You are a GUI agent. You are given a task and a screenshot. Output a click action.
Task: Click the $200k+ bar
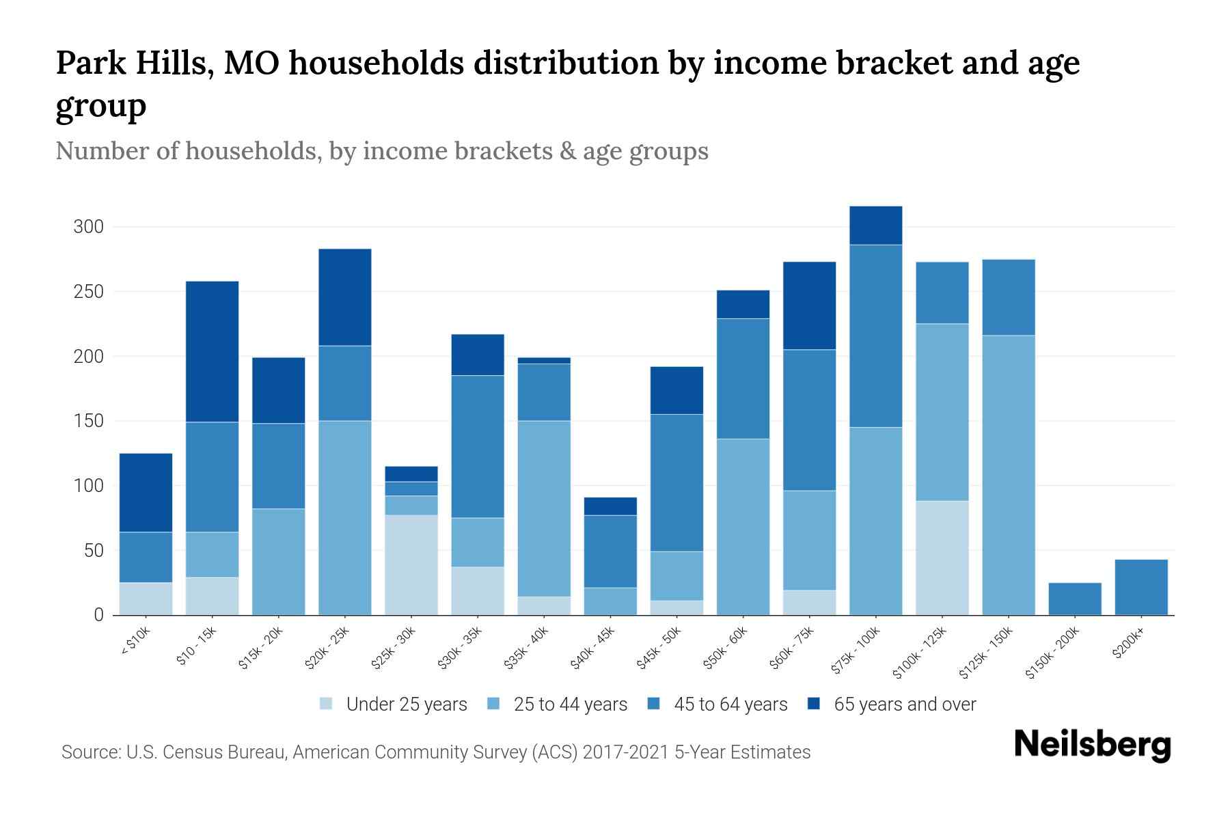click(1140, 587)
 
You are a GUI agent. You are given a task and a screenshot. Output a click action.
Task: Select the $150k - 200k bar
click(1074, 599)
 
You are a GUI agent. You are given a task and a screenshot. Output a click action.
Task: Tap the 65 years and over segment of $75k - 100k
click(875, 225)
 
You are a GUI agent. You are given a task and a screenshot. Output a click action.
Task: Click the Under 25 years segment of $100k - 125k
click(942, 558)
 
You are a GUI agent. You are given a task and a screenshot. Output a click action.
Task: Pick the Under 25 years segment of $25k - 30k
click(411, 564)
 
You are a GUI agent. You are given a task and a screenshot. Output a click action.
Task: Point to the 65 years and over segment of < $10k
click(146, 492)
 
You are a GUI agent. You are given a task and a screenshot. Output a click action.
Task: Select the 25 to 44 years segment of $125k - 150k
click(1008, 475)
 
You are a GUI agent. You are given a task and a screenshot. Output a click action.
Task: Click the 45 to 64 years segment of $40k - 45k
click(610, 551)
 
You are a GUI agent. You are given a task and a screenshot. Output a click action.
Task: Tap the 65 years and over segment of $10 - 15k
click(212, 351)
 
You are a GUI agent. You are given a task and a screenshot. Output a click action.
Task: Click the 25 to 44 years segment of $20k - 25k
click(345, 517)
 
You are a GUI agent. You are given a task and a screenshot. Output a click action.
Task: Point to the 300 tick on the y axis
click(88, 227)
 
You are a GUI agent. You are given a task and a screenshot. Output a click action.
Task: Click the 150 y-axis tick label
click(88, 421)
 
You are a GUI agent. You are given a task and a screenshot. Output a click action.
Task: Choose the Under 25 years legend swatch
click(327, 704)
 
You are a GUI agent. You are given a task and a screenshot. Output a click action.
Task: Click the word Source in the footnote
click(90, 752)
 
